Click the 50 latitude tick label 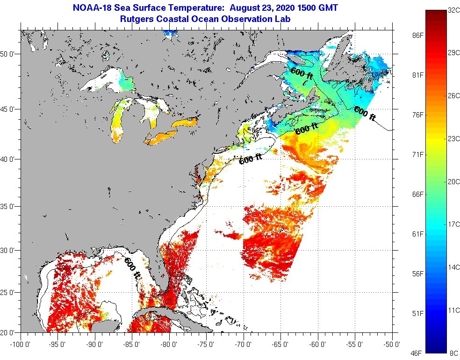10,54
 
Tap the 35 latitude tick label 10,206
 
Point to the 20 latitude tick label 10,332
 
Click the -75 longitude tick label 207,344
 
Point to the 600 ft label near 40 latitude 251,159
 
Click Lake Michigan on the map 117,121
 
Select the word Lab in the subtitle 283,19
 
